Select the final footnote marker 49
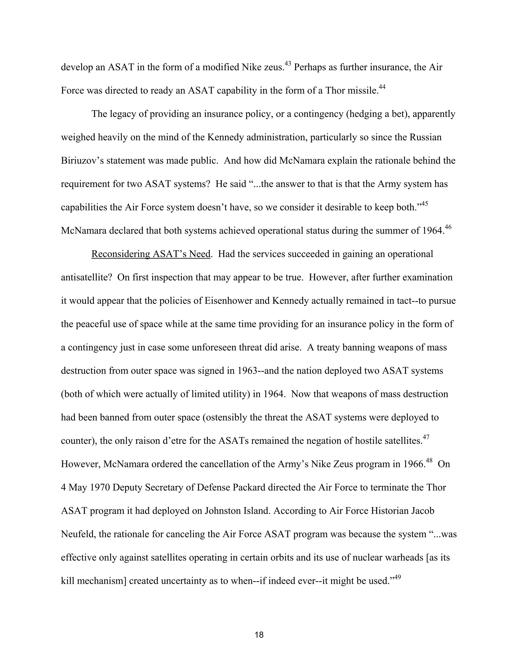(x=397, y=577)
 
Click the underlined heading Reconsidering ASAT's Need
(x=151, y=254)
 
